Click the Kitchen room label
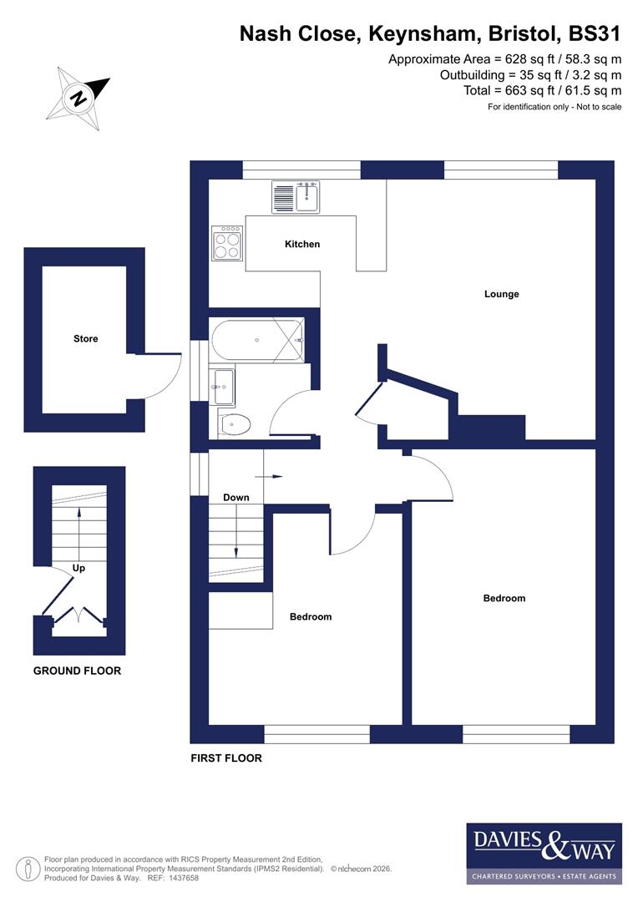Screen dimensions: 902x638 [x=302, y=245]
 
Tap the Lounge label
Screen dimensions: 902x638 [x=501, y=294]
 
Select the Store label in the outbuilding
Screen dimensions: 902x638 [x=85, y=339]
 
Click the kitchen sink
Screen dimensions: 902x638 [x=296, y=197]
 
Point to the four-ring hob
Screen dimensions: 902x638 [x=227, y=242]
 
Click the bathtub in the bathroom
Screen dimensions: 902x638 [x=258, y=341]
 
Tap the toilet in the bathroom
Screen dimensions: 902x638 [x=235, y=425]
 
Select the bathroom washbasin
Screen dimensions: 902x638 [x=223, y=386]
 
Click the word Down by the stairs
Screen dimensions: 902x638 [x=236, y=498]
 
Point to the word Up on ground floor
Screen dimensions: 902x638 [x=79, y=567]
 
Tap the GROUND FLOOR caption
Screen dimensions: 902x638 [x=77, y=671]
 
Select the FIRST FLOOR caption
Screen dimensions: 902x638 [x=226, y=758]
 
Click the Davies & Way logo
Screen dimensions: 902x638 [x=544, y=853]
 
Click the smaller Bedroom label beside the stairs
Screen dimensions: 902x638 [x=311, y=617]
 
